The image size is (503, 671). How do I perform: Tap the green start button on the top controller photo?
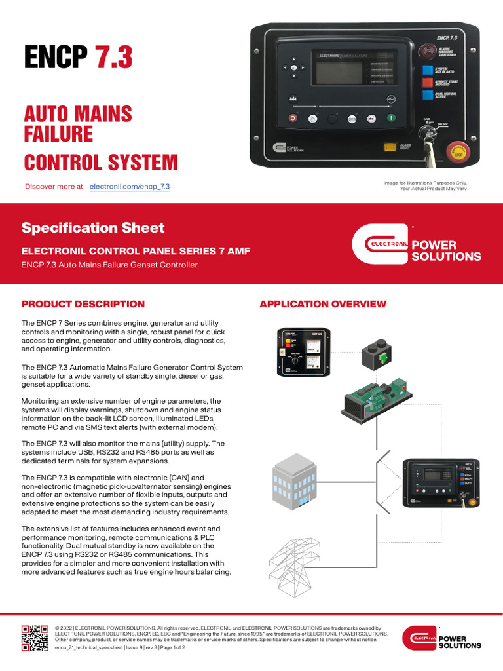click(391, 119)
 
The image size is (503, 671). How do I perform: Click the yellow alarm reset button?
click(390, 148)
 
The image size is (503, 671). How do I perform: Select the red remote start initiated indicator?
click(427, 83)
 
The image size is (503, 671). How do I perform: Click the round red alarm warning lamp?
click(428, 52)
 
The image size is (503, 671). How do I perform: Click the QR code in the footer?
click(35, 638)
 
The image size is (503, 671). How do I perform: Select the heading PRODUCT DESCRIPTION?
click(83, 304)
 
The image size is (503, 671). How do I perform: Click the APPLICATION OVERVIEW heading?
click(323, 304)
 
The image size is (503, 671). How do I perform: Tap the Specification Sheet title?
click(93, 228)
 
